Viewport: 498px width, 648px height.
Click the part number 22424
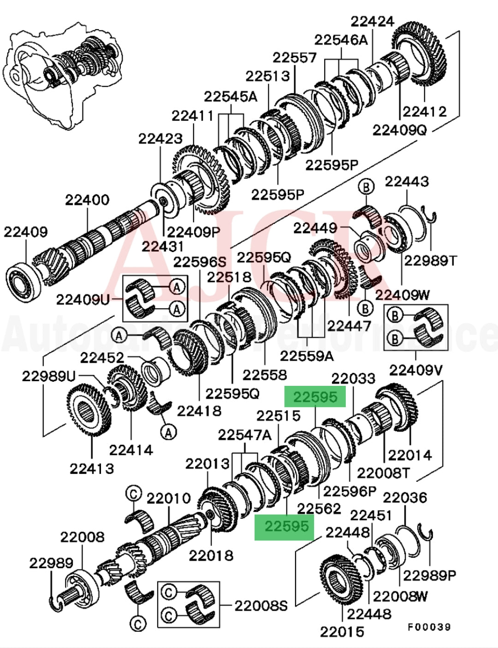coord(373,22)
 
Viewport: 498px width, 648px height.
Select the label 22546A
coord(341,40)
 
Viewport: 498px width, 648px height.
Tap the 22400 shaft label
coord(87,200)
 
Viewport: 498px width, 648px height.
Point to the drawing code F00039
coord(428,627)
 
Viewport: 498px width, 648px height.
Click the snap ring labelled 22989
coord(58,603)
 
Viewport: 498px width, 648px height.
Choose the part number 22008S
coord(261,606)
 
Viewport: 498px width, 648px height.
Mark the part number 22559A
coord(307,355)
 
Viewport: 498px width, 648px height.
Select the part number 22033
coord(354,379)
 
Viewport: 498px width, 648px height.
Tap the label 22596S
coord(200,262)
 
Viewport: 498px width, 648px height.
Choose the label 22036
coord(405,498)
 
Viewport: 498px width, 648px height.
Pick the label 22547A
coord(245,434)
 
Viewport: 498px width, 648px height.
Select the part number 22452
coord(102,358)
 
